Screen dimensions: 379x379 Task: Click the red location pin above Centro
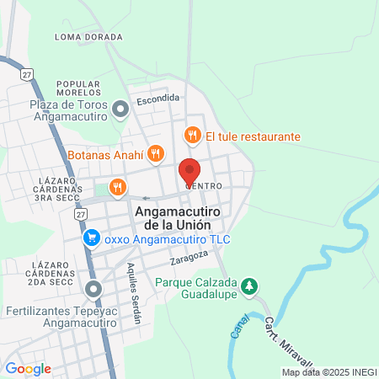pyautogui.click(x=189, y=171)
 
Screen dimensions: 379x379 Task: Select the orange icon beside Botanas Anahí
pyautogui.click(x=155, y=152)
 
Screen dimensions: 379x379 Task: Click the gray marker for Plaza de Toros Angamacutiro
pyautogui.click(x=120, y=107)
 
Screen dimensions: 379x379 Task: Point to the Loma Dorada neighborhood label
pyautogui.click(x=89, y=37)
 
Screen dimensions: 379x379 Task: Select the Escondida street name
pyautogui.click(x=159, y=99)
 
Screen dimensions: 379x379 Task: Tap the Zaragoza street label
pyautogui.click(x=188, y=255)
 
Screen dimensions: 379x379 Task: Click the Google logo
pyautogui.click(x=28, y=369)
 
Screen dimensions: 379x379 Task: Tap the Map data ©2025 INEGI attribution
pyautogui.click(x=328, y=372)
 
